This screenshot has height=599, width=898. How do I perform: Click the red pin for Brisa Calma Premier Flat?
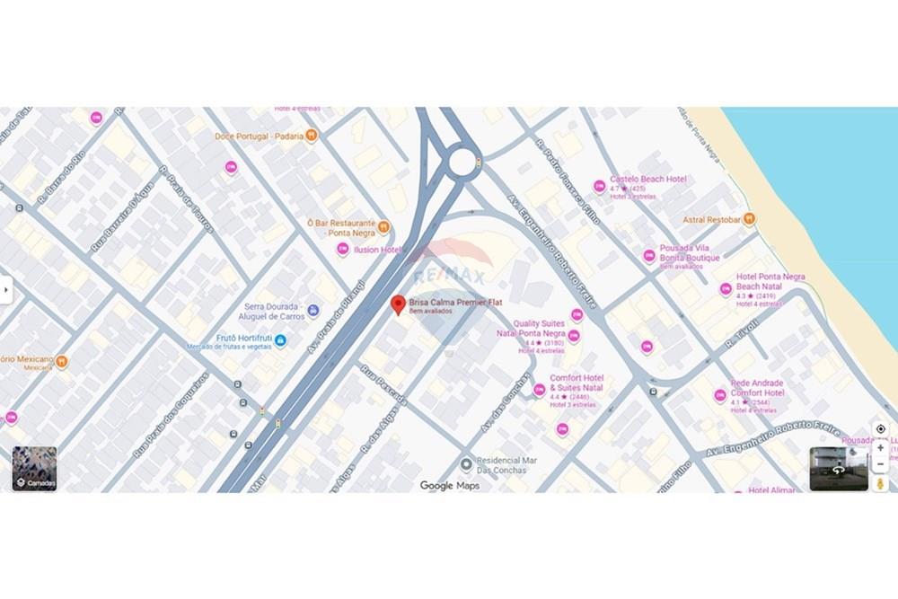(x=398, y=304)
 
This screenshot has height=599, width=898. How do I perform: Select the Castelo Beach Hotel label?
(x=647, y=180)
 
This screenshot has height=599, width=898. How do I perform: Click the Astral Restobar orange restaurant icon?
(x=749, y=219)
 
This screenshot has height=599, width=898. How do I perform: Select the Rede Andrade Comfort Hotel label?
(x=757, y=388)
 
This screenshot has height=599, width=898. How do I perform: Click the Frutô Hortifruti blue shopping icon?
(x=280, y=340)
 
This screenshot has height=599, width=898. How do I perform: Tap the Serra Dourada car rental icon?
(x=313, y=311)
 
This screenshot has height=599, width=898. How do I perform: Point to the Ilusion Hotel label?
(x=378, y=251)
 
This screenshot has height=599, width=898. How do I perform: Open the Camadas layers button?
(x=35, y=469)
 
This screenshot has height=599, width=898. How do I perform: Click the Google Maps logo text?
(x=450, y=486)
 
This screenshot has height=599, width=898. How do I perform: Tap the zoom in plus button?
(x=880, y=447)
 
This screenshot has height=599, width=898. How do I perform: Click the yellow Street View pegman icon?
(x=880, y=484)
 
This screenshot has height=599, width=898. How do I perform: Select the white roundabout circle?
(x=462, y=163)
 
